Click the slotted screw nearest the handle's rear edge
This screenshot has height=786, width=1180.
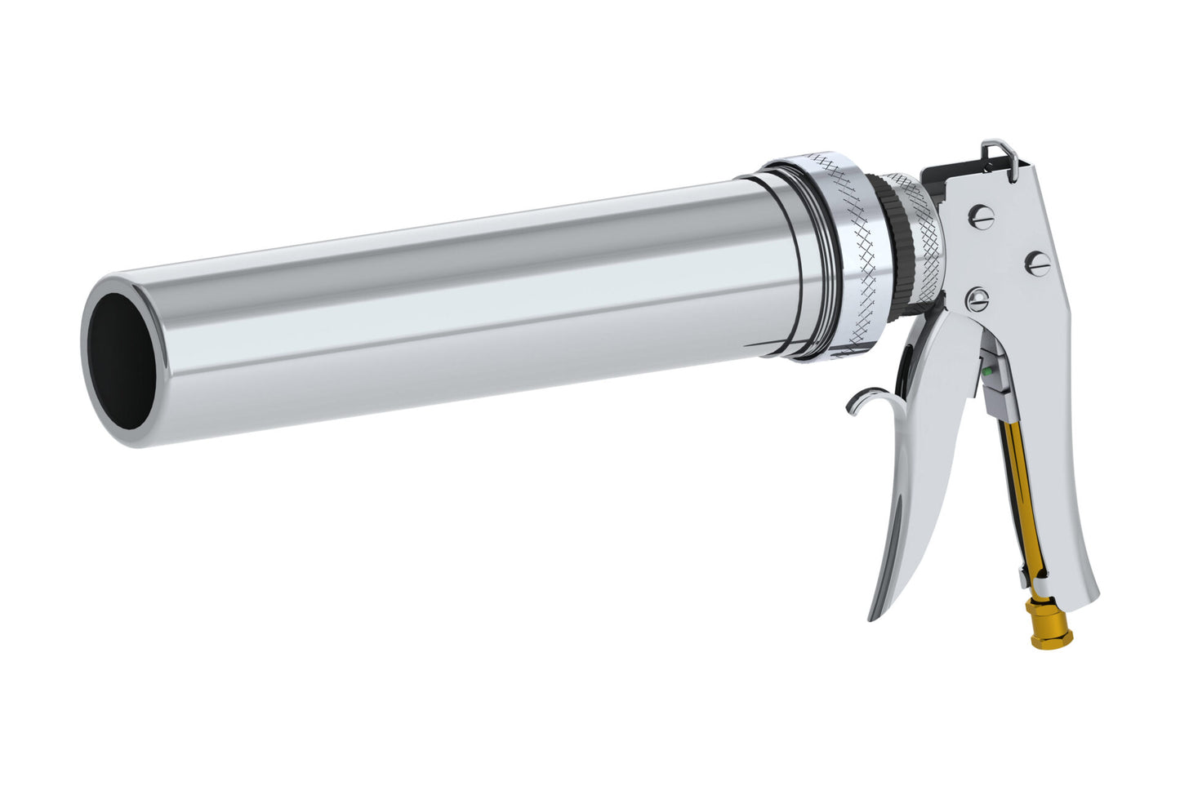[x=1039, y=262]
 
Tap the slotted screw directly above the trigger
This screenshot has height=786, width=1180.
[x=976, y=300]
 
